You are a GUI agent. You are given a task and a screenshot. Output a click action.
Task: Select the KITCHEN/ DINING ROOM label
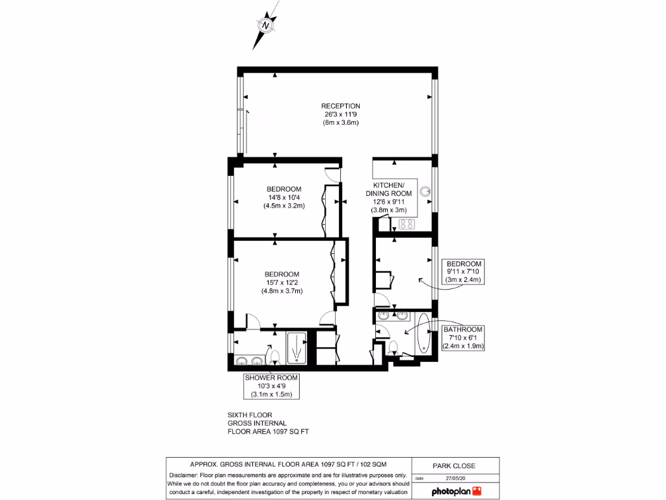(388, 189)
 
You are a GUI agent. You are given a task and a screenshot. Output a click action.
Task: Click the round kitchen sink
(425, 192)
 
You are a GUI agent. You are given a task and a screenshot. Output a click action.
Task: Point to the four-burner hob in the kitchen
(406, 224)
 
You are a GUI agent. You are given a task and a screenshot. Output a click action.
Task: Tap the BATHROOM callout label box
(463, 338)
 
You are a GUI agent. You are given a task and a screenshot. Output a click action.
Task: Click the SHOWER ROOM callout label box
(271, 386)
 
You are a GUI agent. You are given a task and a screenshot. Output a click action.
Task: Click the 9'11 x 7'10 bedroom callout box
(464, 271)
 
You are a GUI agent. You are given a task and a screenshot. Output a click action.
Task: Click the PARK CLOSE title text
(454, 465)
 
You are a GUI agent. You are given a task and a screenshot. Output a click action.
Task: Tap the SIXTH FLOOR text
(250, 415)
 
